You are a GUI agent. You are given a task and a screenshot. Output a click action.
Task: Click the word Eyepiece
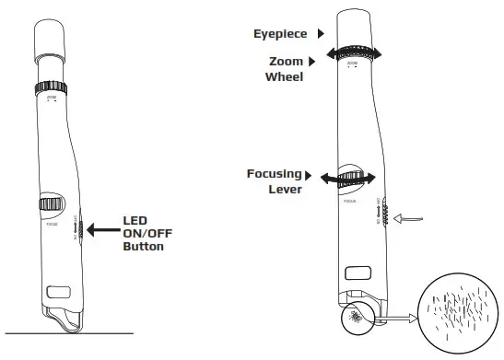pyautogui.click(x=281, y=34)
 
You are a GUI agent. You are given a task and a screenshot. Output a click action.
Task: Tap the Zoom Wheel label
pyautogui.click(x=285, y=69)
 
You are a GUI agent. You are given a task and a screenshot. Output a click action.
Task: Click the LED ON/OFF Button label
pyautogui.click(x=147, y=233)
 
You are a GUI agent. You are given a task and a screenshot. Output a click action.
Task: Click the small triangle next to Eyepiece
pyautogui.click(x=321, y=34)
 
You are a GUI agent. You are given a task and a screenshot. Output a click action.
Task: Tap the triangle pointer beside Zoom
pyautogui.click(x=311, y=62)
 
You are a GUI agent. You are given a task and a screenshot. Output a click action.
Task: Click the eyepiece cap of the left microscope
pyautogui.click(x=52, y=42)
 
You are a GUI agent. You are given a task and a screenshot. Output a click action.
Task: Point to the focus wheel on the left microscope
pyautogui.click(x=51, y=204)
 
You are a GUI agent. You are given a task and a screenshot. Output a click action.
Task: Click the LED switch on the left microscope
pyautogui.click(x=80, y=230)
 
